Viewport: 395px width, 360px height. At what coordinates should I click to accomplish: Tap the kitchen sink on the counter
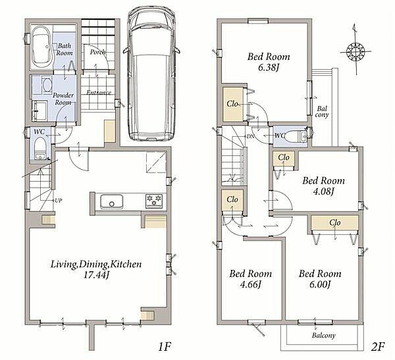[x=112, y=201]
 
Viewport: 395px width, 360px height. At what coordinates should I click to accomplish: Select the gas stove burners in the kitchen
[x=154, y=201]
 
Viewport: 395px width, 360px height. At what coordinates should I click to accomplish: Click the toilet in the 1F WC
[x=39, y=148]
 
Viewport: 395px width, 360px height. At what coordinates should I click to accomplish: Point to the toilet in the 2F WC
[x=296, y=137]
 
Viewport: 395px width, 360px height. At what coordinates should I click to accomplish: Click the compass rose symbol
[x=355, y=51]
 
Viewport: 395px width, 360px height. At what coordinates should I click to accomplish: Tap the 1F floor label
[x=165, y=347]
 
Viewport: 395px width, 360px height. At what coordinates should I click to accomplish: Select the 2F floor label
[x=377, y=347]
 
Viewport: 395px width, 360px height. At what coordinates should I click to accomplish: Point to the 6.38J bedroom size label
[x=269, y=68]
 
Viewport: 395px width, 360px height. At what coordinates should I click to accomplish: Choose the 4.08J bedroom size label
[x=323, y=192]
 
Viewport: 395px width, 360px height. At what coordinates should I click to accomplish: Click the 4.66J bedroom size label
[x=250, y=284]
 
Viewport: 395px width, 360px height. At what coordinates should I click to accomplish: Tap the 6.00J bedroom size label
[x=320, y=284]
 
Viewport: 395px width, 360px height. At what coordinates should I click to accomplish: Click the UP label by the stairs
[x=58, y=201]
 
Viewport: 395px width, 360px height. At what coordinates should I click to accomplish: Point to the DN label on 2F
[x=250, y=136]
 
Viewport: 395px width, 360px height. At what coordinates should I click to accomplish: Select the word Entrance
[x=99, y=92]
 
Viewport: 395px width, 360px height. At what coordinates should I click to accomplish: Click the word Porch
[x=97, y=52]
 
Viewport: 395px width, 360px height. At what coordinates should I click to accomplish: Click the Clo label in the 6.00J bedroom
[x=335, y=222]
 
